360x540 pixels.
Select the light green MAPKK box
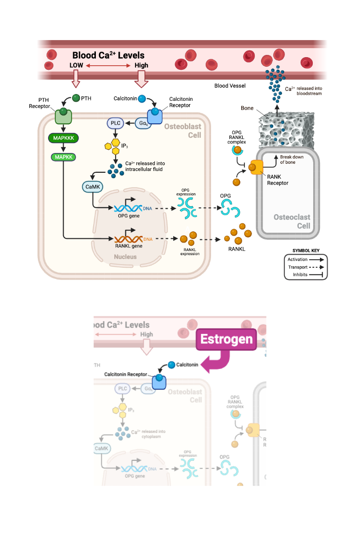point(63,157)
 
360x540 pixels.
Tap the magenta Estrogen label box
point(226,339)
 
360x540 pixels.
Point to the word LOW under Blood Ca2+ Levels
point(76,65)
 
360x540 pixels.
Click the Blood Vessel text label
point(230,85)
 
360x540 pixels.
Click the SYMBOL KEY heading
point(306,251)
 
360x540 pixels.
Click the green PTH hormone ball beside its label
point(76,98)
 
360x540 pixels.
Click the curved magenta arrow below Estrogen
point(217,362)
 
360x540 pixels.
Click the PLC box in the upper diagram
point(115,122)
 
